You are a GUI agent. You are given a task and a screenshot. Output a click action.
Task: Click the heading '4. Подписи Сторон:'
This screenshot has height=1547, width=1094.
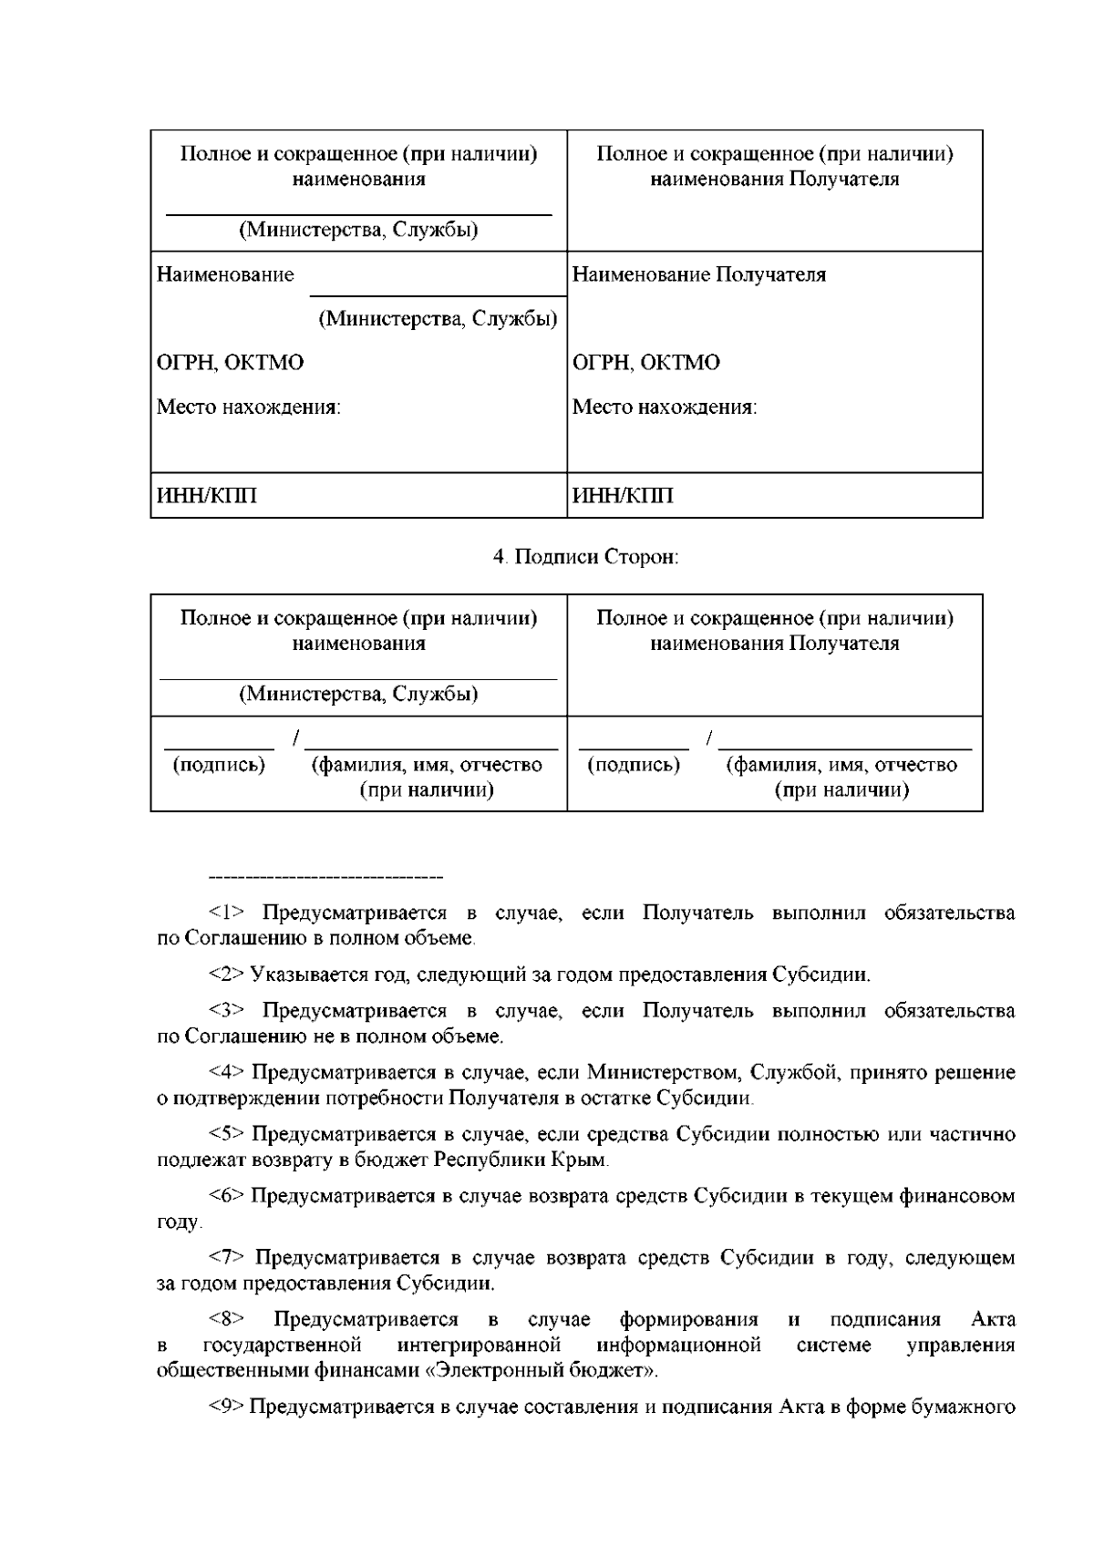click(585, 557)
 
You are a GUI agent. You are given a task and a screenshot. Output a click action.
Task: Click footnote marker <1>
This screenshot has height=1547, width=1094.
click(227, 913)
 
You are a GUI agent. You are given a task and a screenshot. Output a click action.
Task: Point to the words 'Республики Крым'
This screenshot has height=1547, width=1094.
click(535, 1160)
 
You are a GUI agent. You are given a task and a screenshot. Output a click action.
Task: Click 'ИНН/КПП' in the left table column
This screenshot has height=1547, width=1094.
click(207, 496)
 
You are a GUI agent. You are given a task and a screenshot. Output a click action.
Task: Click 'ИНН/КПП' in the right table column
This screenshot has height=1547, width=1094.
click(623, 496)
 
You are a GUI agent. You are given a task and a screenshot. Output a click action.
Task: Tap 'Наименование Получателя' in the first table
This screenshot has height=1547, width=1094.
click(699, 274)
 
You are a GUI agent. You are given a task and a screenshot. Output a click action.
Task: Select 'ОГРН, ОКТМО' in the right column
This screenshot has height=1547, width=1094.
click(646, 363)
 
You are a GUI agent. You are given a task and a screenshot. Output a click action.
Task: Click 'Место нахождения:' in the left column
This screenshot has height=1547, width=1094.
click(249, 407)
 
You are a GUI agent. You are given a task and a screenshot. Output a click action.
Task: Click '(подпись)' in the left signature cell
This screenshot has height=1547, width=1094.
click(219, 764)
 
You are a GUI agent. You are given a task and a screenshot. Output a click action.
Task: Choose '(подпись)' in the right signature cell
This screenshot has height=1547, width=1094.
click(635, 764)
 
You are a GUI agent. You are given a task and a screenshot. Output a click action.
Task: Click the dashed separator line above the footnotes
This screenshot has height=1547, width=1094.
click(325, 877)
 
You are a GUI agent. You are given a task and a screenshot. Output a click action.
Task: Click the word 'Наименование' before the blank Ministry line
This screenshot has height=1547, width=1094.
click(226, 274)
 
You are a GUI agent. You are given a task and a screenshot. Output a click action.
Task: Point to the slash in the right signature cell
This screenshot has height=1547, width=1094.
click(710, 737)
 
